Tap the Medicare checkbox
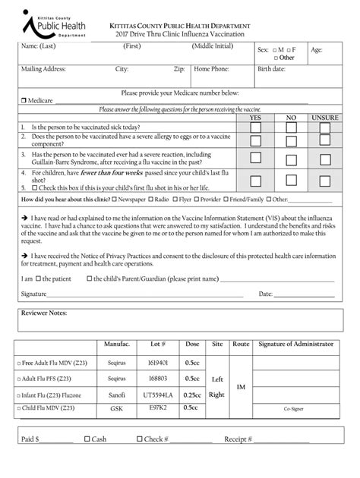click(x=24, y=100)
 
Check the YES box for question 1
click(x=256, y=127)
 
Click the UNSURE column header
click(x=324, y=118)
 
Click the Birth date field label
click(x=271, y=69)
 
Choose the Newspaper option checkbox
click(x=114, y=200)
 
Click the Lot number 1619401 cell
click(x=157, y=363)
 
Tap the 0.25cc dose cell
click(x=193, y=395)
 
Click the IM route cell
click(x=241, y=387)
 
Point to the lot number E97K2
click(x=157, y=407)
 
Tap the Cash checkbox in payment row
click(x=87, y=439)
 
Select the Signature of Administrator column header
click(x=295, y=344)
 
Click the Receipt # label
click(x=237, y=439)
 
